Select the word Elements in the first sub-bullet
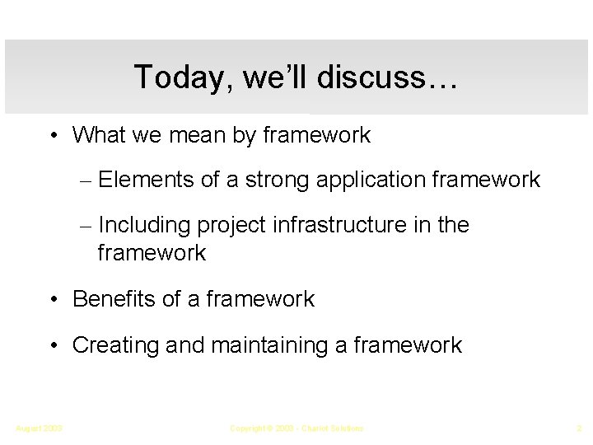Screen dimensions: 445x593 [x=146, y=180]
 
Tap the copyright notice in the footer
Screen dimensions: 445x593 [x=296, y=429]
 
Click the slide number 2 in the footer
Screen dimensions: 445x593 [x=580, y=429]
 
